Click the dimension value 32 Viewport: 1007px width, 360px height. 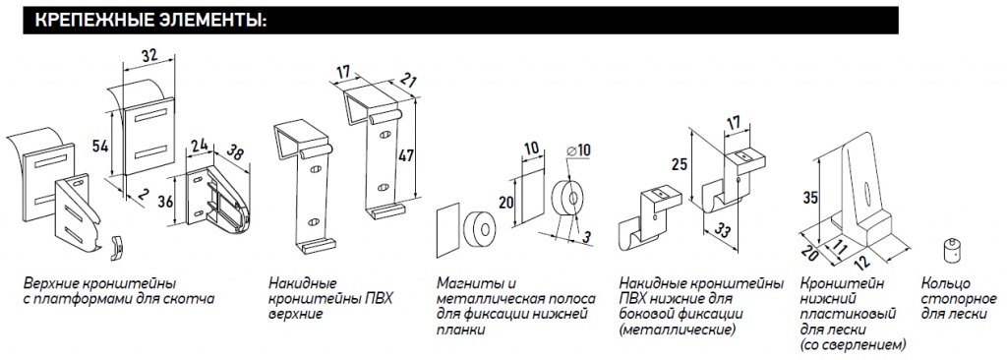149,56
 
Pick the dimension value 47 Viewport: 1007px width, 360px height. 404,155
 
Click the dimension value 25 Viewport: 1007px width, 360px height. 677,164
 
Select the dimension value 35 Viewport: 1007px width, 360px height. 810,198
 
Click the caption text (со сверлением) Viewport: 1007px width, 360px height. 854,345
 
